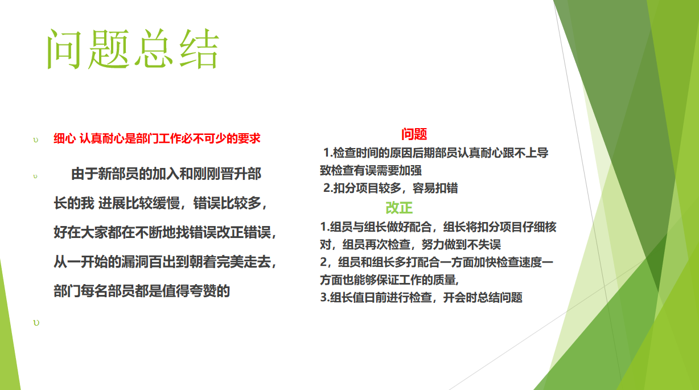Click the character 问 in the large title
pos(64,49)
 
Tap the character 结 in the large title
pos(199,48)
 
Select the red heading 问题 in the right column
pos(414,134)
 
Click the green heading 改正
pos(399,208)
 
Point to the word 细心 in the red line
pos(64,138)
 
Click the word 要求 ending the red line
pos(249,138)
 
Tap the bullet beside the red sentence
pos(35,140)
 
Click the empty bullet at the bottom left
pos(36,323)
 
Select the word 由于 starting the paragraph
pos(85,174)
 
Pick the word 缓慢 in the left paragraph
pos(166,203)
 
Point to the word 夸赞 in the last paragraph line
pos(203,291)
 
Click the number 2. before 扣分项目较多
pos(328,188)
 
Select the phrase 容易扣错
pos(435,188)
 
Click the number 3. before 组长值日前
pos(325,297)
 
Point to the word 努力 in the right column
pos(433,244)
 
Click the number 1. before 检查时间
pos(328,153)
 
